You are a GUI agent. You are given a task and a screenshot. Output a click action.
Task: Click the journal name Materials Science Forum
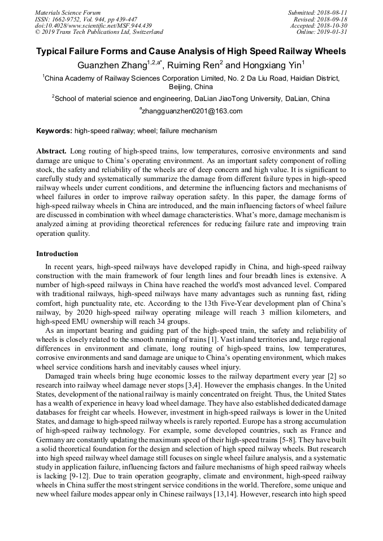coord(68,12)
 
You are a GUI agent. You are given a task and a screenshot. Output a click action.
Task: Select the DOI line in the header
coord(93,25)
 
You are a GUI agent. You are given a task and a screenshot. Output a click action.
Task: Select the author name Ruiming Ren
coord(195,65)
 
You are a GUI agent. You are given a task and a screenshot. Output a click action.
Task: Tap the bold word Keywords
coord(54,131)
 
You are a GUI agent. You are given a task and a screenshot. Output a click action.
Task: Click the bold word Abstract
coord(51,152)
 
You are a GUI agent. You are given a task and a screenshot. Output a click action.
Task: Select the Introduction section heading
coord(57,254)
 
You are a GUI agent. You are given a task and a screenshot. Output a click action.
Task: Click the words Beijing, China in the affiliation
coord(191,87)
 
